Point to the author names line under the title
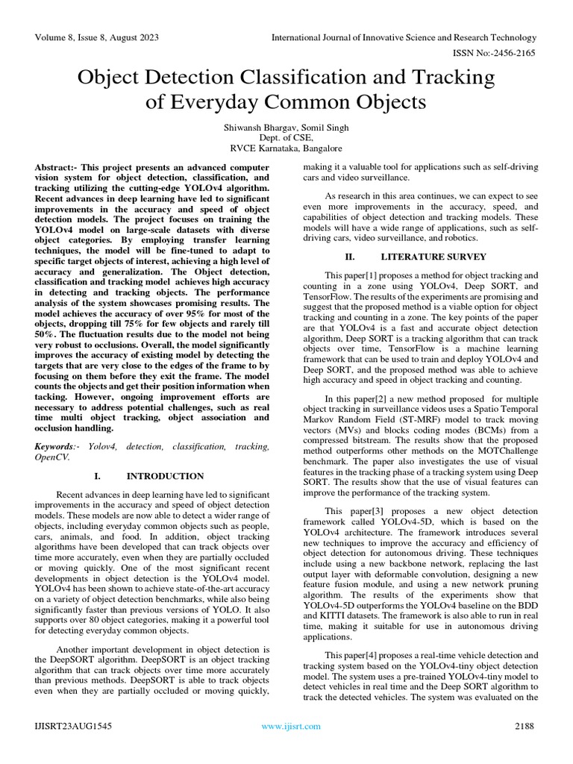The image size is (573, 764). click(x=286, y=128)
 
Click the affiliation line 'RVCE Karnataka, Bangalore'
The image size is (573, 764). click(x=286, y=149)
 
